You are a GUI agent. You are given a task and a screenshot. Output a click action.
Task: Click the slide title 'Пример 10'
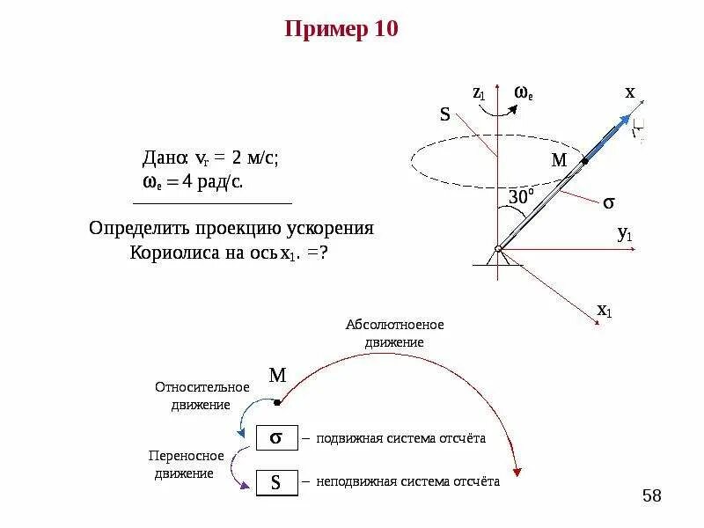point(341,30)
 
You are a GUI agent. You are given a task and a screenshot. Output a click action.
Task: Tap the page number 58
point(651,496)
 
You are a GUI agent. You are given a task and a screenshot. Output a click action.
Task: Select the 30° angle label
point(518,198)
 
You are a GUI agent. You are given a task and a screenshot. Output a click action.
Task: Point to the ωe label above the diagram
point(524,92)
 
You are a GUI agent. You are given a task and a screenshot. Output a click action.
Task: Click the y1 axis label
point(625,234)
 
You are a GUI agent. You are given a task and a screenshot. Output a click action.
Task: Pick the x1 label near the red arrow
point(605,310)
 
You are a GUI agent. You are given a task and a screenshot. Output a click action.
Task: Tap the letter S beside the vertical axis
point(444,114)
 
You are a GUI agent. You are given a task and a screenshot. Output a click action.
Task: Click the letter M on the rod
point(559,160)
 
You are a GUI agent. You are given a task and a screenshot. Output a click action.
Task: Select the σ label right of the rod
point(608,202)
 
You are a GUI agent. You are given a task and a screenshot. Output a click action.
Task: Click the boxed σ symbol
point(275,437)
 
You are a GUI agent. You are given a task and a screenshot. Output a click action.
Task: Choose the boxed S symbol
point(275,482)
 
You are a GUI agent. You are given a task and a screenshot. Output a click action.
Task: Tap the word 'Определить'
point(140,228)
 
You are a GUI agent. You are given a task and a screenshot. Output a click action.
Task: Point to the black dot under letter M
point(277,403)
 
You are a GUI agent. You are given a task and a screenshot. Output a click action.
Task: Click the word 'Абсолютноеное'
point(395,325)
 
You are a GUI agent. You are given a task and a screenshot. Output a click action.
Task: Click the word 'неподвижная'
point(356,481)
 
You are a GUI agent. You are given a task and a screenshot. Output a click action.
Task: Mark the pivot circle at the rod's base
point(497,249)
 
